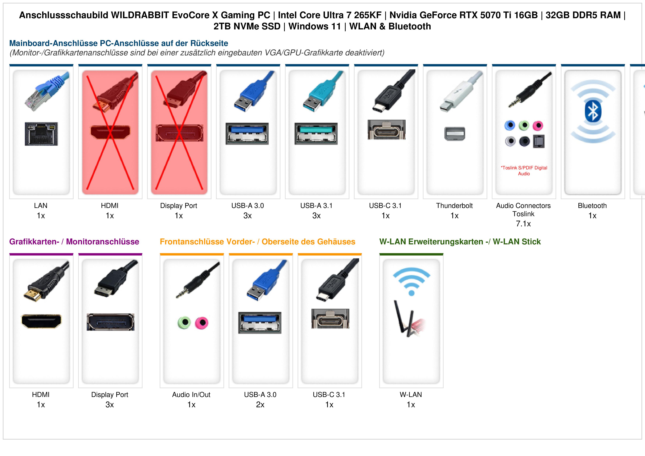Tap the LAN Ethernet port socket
click(41, 134)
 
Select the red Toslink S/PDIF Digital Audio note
click(524, 171)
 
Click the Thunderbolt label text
click(454, 206)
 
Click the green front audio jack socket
click(184, 323)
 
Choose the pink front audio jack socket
click(202, 323)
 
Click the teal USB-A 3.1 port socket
click(316, 133)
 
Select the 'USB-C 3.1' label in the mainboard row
click(385, 206)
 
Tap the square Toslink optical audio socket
click(539, 141)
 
